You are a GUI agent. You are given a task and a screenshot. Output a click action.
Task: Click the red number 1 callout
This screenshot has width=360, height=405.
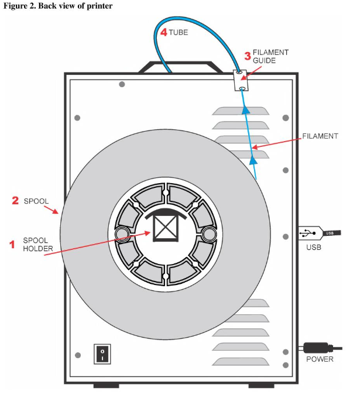click(12, 245)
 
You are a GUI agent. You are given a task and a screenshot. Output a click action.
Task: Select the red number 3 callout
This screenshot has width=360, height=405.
click(247, 56)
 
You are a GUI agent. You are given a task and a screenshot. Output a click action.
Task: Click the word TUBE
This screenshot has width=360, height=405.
click(179, 33)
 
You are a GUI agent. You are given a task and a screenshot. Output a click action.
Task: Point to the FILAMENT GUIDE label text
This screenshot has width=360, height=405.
click(270, 56)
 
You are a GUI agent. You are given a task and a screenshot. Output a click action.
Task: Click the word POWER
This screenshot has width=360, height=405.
click(320, 359)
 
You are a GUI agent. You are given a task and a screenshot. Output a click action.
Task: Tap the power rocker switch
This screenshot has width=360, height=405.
click(102, 353)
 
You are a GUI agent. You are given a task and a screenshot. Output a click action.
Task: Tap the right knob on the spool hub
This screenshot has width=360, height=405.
click(208, 235)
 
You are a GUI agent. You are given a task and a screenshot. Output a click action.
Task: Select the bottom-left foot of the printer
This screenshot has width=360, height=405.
click(106, 385)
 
